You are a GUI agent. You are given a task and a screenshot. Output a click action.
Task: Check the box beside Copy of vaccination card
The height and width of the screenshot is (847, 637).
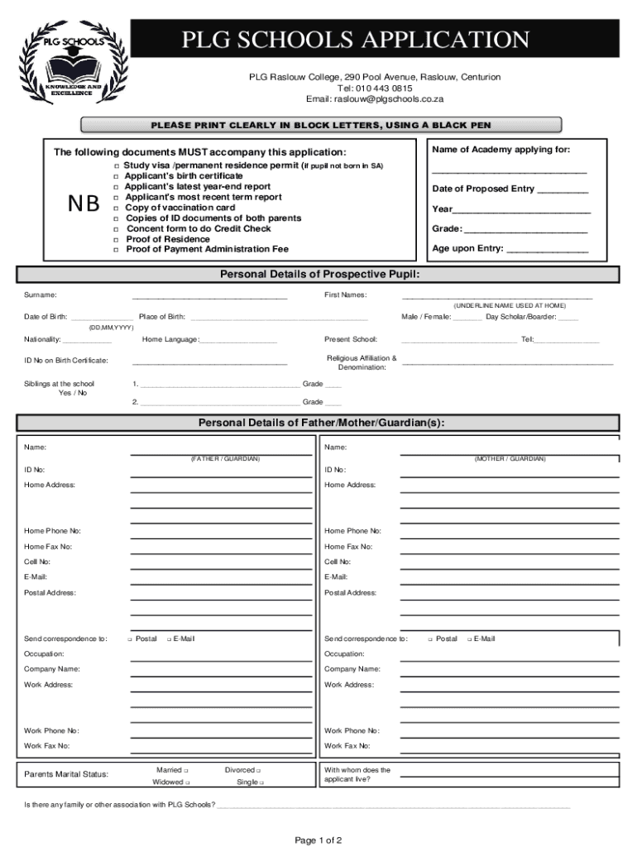point(116,208)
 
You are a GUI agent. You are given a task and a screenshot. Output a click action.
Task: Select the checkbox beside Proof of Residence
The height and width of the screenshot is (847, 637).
point(116,240)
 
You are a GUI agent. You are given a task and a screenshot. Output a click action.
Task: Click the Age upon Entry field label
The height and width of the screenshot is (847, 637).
point(467,248)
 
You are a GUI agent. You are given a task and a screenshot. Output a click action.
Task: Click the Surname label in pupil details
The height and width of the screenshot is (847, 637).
point(40,294)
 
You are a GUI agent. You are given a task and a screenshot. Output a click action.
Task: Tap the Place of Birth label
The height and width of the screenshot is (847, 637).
point(162,317)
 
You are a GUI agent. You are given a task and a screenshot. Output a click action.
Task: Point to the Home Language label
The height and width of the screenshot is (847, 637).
point(170,339)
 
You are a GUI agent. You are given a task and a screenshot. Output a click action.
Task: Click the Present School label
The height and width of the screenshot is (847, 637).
point(351,339)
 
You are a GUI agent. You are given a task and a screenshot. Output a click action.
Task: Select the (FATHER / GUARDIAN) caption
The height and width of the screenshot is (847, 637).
point(225,458)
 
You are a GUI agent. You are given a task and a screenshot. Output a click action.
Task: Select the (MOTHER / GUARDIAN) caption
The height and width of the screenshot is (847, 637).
point(510,458)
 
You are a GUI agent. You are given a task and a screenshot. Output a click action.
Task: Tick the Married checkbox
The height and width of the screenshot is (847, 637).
point(187,770)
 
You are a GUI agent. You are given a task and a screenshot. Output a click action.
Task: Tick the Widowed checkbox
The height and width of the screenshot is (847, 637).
point(188,782)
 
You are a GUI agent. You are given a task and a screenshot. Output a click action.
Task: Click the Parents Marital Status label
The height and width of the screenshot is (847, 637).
point(66,774)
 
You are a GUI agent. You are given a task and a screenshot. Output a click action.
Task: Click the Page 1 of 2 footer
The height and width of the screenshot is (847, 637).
point(318,840)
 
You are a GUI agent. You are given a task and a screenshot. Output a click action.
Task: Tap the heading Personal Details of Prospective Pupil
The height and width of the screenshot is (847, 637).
point(319,274)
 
